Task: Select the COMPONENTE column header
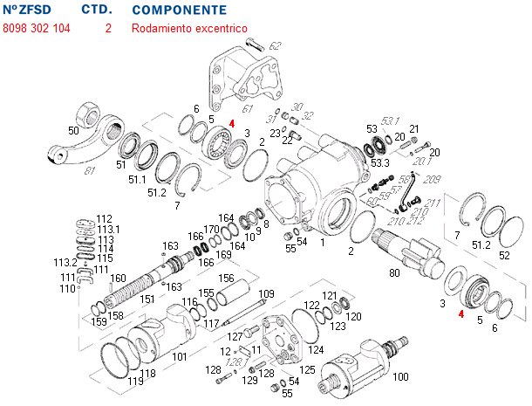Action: (179, 10)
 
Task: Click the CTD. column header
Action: (96, 10)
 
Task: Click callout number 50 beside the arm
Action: (73, 131)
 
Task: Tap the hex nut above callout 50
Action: (90, 113)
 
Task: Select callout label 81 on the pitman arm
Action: (89, 172)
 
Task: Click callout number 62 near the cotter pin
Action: (276, 45)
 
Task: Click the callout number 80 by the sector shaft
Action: (394, 273)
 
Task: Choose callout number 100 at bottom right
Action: (400, 376)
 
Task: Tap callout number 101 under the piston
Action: (179, 356)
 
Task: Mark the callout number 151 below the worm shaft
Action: (148, 299)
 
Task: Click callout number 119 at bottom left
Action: (135, 382)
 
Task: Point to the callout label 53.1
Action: (389, 120)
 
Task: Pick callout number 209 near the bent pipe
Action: (431, 179)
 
